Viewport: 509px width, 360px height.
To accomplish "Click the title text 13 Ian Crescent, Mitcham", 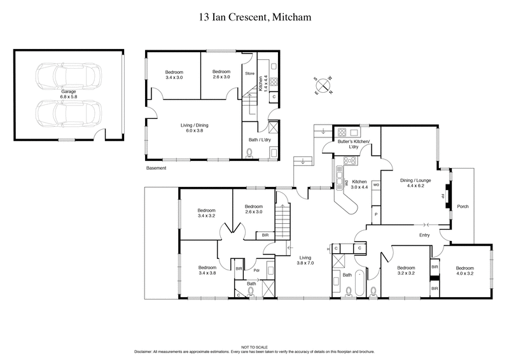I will (x=254, y=18).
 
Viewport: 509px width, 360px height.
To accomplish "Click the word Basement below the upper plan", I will (x=156, y=169).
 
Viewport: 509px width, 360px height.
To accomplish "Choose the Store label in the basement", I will (x=250, y=74).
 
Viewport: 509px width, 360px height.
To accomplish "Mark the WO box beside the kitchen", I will (x=376, y=185).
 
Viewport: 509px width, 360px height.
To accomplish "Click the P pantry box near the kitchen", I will (x=376, y=214).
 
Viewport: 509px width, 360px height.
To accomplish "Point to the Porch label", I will (x=463, y=206).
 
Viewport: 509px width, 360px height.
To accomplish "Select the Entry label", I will (x=424, y=236).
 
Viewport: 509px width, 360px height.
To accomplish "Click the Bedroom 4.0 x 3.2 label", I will (x=465, y=272).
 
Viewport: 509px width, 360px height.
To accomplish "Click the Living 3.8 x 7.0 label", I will (x=307, y=261).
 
